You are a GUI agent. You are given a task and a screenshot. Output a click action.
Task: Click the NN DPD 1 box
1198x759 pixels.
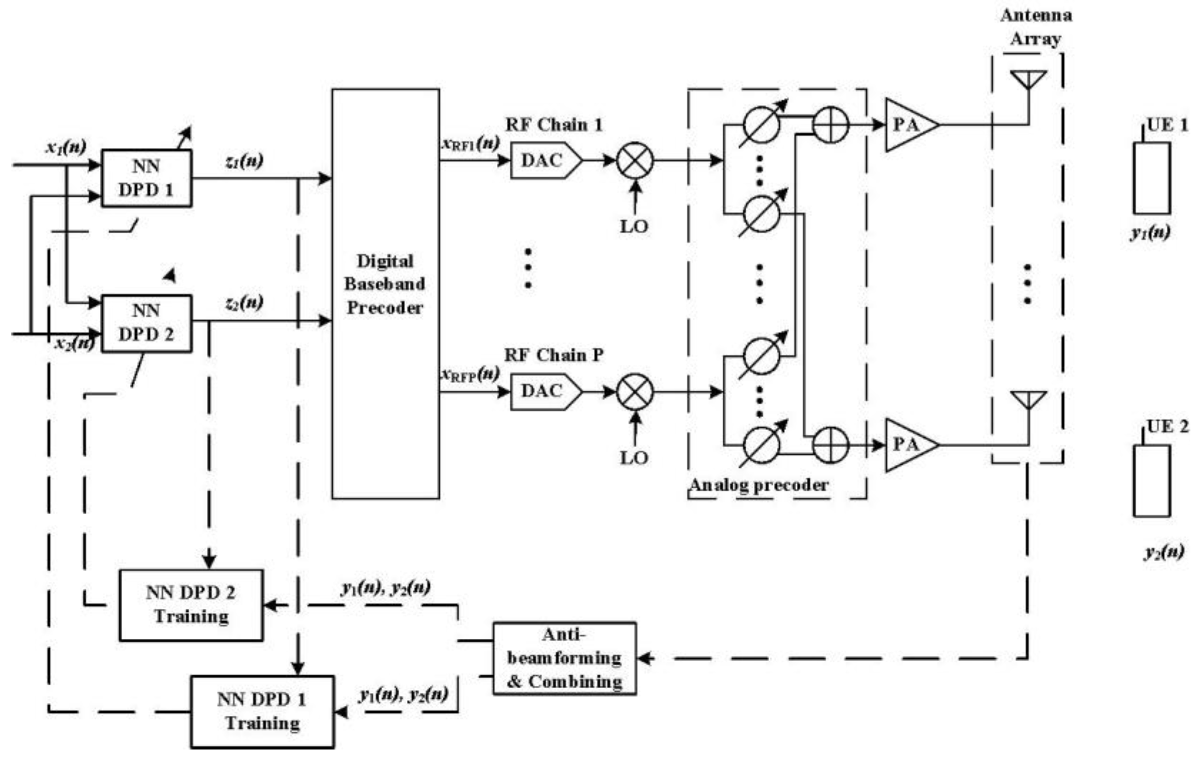coord(146,178)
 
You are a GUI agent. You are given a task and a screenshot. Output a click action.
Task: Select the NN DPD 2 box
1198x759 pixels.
coord(146,323)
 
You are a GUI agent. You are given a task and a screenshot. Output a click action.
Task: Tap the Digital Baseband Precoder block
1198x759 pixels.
coord(385,293)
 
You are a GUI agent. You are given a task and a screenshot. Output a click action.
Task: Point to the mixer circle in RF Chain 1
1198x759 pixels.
coord(635,160)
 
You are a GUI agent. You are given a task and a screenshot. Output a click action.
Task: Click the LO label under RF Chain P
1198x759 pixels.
coord(634,458)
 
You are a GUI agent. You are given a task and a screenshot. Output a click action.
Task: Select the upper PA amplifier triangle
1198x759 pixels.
coord(908,125)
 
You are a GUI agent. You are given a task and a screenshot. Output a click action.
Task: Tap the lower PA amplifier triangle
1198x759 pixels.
coord(908,445)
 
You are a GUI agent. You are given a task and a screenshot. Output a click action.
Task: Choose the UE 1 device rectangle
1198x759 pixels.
coord(1151,178)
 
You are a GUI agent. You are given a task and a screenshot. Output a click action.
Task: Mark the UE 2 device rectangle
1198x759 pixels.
coord(1151,480)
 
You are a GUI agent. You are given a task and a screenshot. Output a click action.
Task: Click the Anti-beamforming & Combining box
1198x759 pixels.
coord(564,658)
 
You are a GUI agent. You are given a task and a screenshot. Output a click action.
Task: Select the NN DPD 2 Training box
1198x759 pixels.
coord(191,605)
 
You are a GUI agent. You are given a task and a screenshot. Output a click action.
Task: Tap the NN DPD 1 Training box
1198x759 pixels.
coord(262,711)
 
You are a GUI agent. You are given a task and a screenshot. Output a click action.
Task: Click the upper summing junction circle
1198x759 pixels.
coord(830,125)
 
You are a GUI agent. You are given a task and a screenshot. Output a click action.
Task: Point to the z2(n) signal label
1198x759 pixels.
coord(244,302)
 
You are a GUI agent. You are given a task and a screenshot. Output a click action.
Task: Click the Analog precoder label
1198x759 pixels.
coord(759,484)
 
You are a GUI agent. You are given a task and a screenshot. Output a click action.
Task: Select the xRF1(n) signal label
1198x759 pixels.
coord(470,144)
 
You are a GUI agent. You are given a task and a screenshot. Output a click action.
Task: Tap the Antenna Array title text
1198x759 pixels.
coord(1036,27)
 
